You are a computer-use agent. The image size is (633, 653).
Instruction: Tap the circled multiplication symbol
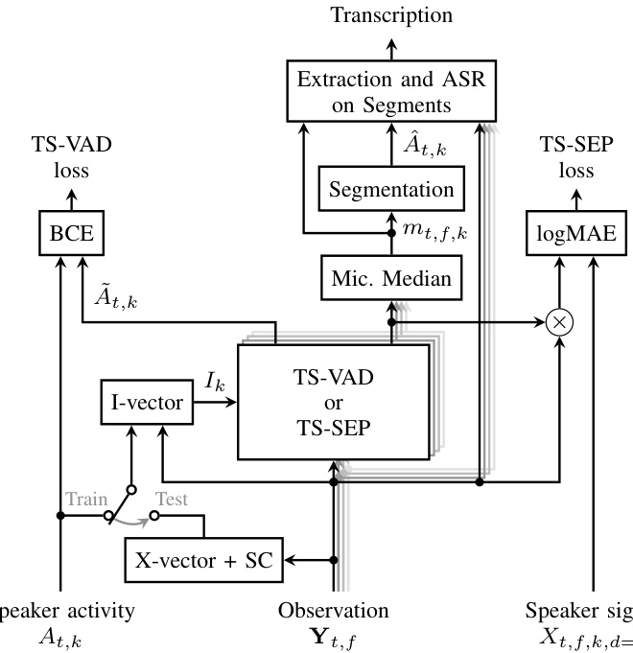[559, 323]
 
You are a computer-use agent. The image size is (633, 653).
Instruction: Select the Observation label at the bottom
[335, 611]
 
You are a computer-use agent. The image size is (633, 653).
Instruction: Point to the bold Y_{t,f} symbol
[335, 637]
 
